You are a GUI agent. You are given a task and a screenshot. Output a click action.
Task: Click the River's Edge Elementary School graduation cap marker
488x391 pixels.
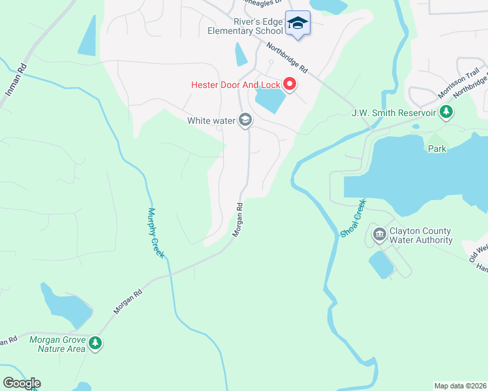[297, 23]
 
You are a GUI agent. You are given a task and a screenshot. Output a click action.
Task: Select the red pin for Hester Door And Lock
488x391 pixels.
[289, 85]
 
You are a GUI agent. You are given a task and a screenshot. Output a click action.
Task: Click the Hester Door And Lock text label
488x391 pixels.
[235, 85]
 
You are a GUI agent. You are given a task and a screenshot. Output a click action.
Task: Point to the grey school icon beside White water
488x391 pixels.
[245, 120]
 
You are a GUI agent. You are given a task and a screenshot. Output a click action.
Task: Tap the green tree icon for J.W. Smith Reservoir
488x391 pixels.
[446, 112]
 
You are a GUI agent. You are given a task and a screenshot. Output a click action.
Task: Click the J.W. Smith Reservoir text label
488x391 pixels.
[393, 113]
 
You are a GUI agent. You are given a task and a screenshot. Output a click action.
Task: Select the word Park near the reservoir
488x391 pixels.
[436, 149]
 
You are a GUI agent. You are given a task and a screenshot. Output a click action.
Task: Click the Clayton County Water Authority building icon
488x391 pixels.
[379, 235]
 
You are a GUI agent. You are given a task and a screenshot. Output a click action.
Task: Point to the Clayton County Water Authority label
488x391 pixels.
[421, 235]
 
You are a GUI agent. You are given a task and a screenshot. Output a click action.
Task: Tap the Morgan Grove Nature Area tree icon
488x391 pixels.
[95, 343]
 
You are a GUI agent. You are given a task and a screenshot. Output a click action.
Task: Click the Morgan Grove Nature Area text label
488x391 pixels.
[57, 343]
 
